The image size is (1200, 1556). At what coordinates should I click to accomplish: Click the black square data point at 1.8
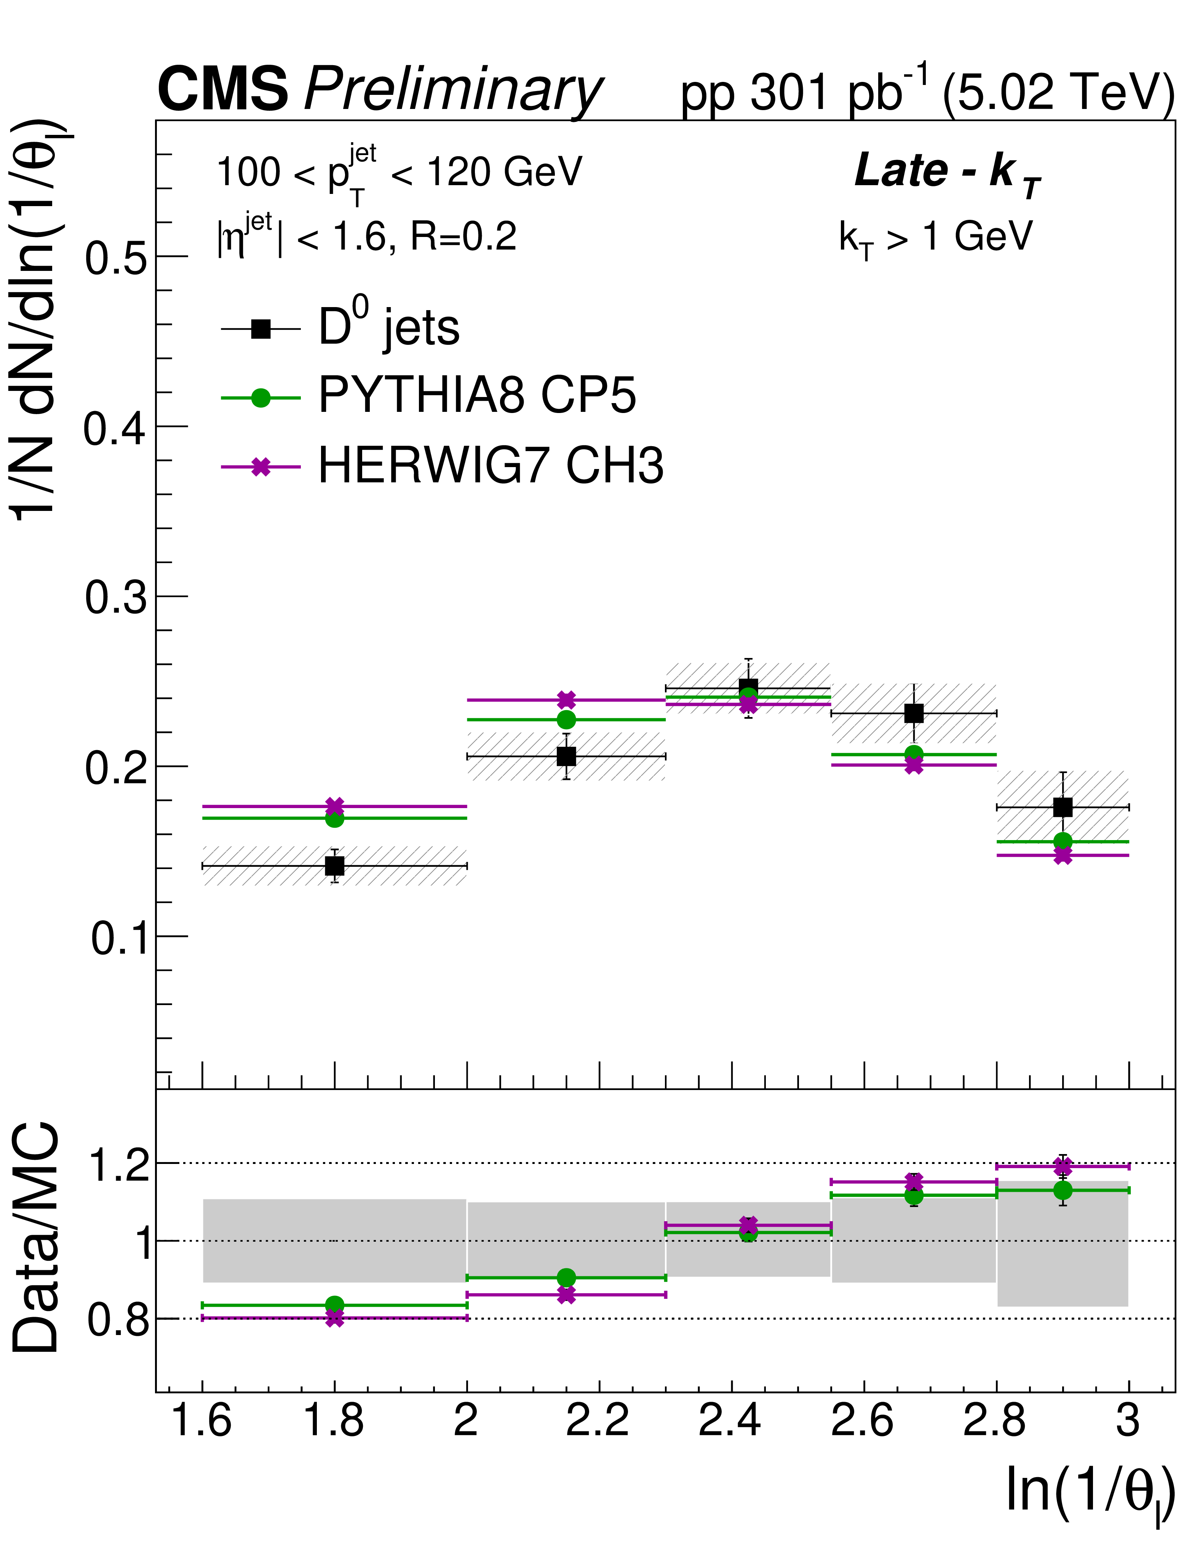(334, 866)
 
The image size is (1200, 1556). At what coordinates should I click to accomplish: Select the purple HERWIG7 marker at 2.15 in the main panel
(566, 700)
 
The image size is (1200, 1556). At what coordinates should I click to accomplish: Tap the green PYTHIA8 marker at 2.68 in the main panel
(914, 754)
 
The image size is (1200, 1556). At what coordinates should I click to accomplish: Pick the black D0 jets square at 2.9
(1063, 807)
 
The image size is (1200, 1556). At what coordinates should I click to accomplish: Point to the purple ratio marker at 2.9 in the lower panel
(1063, 1166)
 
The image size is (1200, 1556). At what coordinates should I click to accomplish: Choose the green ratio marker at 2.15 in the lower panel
(566, 1277)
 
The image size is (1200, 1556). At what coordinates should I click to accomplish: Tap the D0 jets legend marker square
(260, 329)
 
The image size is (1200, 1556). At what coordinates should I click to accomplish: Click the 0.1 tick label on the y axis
(118, 938)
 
